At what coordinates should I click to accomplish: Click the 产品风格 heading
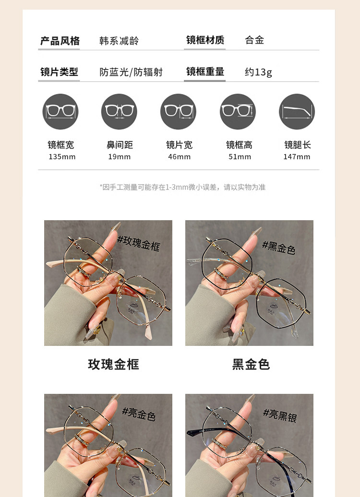tap(60, 41)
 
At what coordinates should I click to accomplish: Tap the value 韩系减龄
tap(119, 41)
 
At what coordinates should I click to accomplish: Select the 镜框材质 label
tap(205, 40)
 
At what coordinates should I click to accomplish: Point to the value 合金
tap(254, 40)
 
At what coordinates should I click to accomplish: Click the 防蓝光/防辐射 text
tap(131, 72)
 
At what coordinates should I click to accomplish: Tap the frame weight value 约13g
tap(258, 72)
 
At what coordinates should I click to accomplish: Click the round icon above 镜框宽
tap(60, 112)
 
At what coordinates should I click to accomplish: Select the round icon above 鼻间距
tap(119, 112)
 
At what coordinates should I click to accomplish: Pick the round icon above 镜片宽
tap(178, 112)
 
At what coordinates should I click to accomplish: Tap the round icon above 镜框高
tap(238, 112)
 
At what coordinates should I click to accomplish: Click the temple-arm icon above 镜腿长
tap(297, 112)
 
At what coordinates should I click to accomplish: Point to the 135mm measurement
tap(62, 157)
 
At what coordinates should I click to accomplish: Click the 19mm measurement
tap(119, 157)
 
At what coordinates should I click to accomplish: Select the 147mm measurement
tap(297, 157)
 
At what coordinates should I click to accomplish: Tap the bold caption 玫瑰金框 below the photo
tap(114, 365)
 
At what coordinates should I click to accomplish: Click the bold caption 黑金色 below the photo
tap(251, 365)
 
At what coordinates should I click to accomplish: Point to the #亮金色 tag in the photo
tap(139, 414)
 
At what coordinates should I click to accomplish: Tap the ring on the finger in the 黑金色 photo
tap(221, 273)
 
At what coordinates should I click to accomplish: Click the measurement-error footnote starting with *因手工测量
tap(182, 187)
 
